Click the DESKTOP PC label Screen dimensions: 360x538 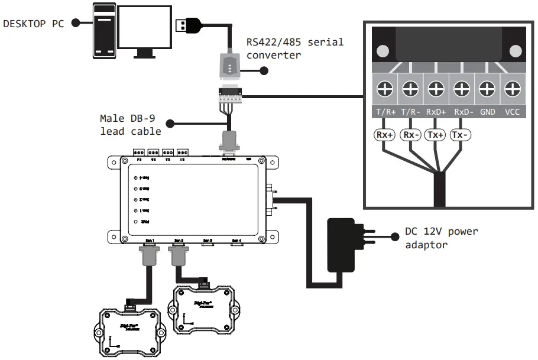[33, 23]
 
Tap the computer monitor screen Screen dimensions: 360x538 [145, 27]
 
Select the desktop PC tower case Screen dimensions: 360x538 [103, 31]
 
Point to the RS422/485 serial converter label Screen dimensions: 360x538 [294, 48]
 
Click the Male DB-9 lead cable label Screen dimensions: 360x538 [130, 125]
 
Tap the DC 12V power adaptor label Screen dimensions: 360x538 [441, 238]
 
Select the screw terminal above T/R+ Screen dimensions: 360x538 [385, 90]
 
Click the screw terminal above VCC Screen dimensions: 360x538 [512, 90]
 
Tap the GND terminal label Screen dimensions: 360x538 [487, 111]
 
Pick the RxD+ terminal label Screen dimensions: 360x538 [436, 111]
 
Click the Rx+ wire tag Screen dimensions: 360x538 [385, 135]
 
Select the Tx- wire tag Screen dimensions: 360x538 [461, 135]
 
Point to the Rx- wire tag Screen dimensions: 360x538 [410, 135]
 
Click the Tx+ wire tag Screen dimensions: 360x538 [436, 135]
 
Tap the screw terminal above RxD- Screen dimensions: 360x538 [461, 90]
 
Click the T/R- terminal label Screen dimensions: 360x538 [410, 111]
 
